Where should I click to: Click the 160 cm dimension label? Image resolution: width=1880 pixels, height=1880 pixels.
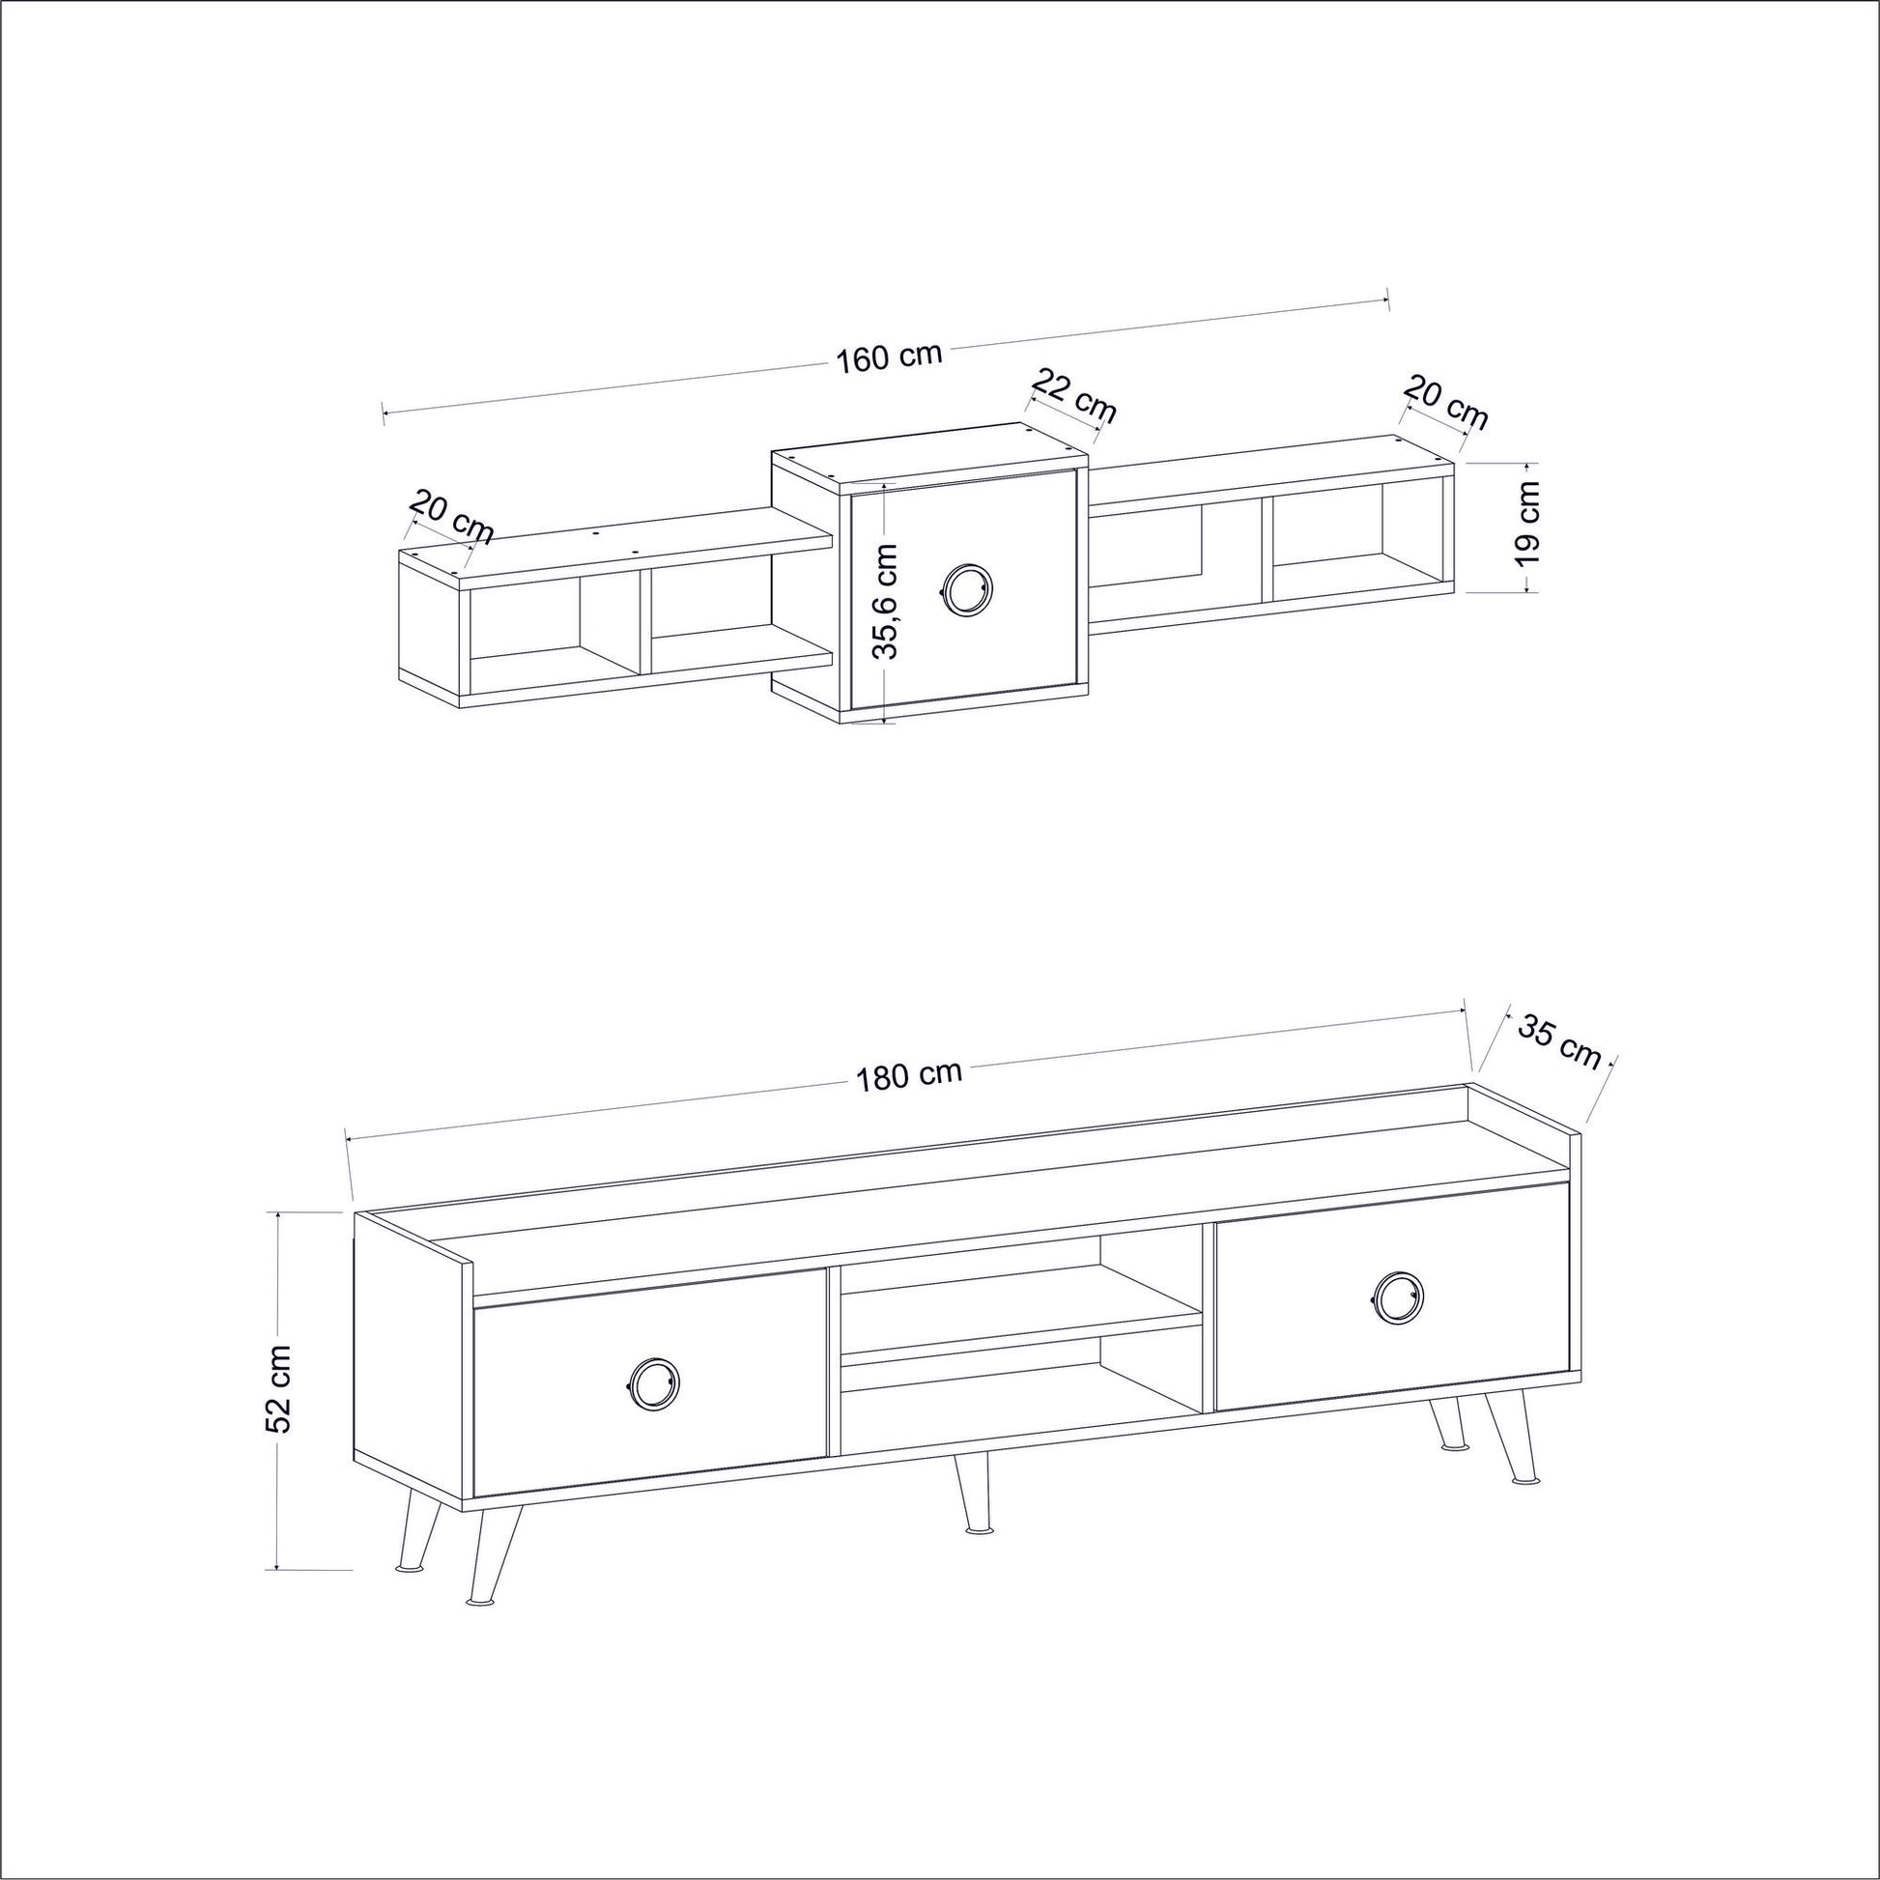tap(890, 356)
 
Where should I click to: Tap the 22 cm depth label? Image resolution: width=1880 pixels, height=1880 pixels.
tap(1073, 395)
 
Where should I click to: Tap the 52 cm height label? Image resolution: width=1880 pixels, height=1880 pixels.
tap(280, 1388)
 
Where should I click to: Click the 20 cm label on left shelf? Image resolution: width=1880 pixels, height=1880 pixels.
tap(450, 519)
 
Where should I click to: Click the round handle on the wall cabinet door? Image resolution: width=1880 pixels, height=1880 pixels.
tap(965, 587)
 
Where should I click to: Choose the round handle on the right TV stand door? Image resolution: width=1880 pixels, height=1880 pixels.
tap(1398, 1298)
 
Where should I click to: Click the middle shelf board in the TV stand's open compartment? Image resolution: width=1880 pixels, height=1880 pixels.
tap(1022, 1339)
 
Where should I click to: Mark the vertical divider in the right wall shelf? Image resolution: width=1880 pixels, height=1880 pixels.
tap(1267, 550)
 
